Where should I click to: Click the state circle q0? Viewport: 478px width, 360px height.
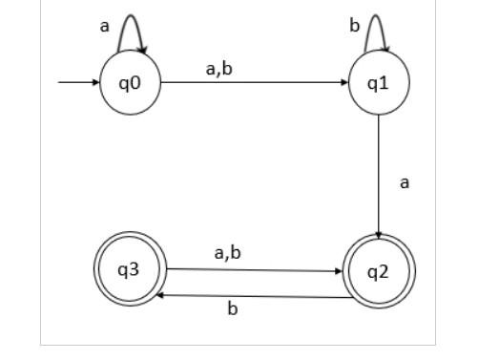click(130, 83)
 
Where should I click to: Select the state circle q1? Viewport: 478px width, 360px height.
click(379, 83)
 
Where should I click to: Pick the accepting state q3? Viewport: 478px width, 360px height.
click(130, 270)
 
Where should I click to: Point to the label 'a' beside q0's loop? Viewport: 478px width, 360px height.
click(105, 27)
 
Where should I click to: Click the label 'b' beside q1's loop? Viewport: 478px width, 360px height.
click(354, 26)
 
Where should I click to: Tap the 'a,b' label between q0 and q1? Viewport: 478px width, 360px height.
click(219, 68)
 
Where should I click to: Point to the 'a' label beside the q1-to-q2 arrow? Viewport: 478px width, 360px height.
click(405, 181)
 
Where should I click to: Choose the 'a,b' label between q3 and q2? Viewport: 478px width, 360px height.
click(227, 253)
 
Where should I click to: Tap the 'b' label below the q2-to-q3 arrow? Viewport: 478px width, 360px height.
click(232, 310)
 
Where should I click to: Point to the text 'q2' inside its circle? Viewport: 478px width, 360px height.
click(379, 271)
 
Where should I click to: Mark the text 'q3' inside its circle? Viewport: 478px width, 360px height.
click(129, 269)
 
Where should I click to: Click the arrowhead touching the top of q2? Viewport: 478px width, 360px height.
click(379, 235)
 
